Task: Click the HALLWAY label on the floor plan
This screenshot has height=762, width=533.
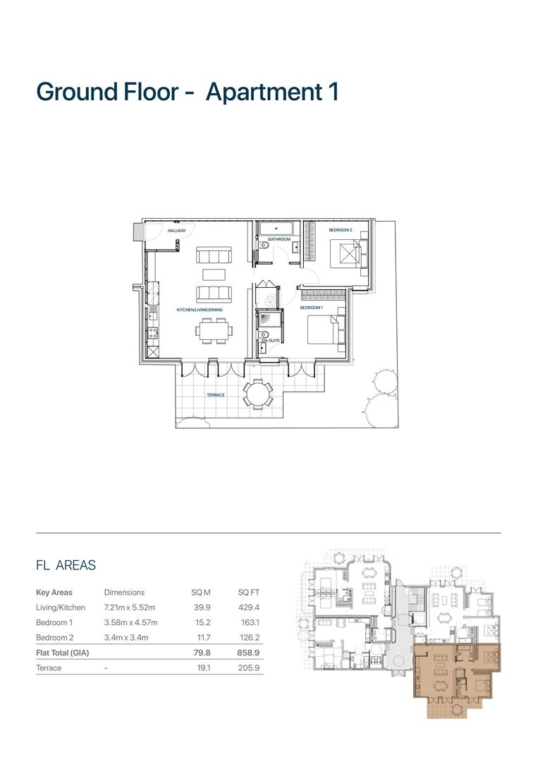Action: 176,231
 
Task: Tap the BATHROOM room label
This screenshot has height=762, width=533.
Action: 278,239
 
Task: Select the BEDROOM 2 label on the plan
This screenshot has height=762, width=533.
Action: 340,230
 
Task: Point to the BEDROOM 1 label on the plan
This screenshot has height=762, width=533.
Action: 311,308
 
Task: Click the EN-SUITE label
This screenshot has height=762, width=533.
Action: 269,341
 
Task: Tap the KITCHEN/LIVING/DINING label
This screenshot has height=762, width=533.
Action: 200,309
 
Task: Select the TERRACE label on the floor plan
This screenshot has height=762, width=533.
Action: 215,395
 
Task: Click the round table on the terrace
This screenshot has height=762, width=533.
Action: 258,392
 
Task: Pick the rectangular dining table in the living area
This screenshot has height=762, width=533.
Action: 212,329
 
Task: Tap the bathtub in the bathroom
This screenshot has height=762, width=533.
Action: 277,229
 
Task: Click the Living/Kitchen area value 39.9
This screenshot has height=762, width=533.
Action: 202,607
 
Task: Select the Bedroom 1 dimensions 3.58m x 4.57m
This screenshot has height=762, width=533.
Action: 130,623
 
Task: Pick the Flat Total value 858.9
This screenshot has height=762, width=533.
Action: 248,653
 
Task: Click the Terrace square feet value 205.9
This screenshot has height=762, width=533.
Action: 249,668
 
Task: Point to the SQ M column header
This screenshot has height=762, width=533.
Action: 201,593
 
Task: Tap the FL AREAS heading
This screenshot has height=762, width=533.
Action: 66,565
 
